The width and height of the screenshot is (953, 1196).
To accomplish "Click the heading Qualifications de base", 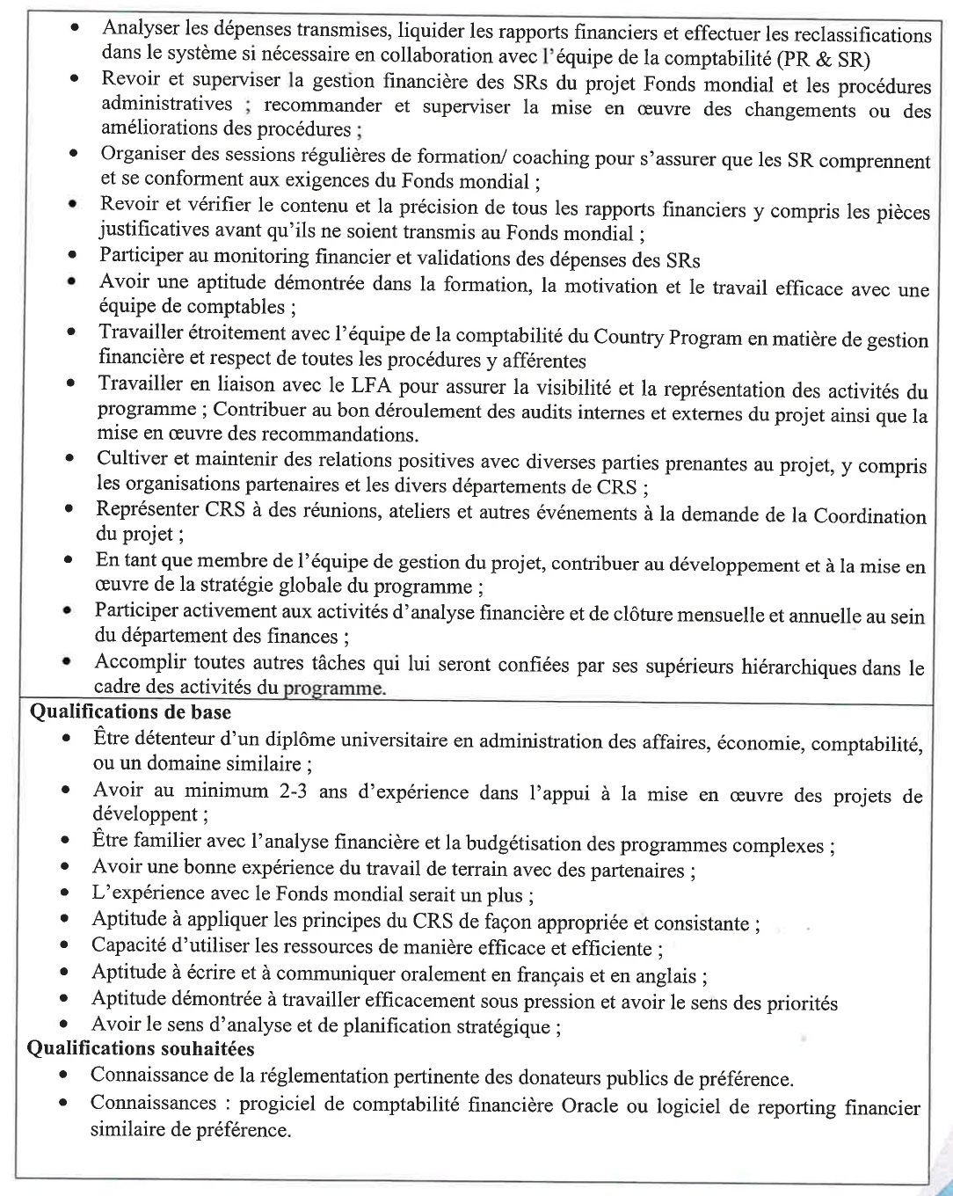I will (x=130, y=712).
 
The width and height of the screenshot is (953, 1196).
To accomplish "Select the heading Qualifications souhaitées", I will (x=141, y=1048).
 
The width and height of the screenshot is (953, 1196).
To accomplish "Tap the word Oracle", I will (x=590, y=1105).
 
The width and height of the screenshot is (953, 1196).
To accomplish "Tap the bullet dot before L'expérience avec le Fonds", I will (x=65, y=893).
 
